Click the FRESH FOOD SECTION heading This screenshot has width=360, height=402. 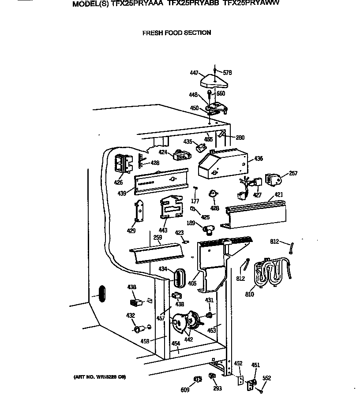pos(176,33)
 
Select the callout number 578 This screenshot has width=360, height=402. pos(227,73)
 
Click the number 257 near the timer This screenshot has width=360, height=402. pos(293,173)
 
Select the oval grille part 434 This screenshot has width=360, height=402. pos(177,276)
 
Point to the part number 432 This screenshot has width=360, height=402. pos(130,316)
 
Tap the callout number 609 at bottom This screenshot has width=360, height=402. pos(185,390)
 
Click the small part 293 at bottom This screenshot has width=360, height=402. pos(212,376)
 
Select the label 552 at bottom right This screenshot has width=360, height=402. pos(266,378)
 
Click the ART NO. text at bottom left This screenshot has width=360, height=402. pos(100,377)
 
